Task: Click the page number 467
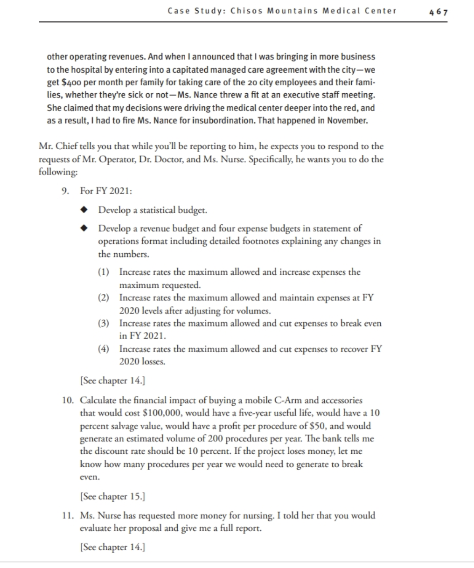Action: [x=438, y=12]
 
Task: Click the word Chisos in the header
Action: [x=246, y=11]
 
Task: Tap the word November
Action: [x=348, y=121]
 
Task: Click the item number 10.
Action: [x=65, y=401]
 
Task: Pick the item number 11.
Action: [x=65, y=516]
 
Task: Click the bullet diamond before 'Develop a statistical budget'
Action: [x=84, y=210]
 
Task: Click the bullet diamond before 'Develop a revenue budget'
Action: [x=84, y=229]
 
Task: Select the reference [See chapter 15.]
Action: [x=112, y=496]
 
